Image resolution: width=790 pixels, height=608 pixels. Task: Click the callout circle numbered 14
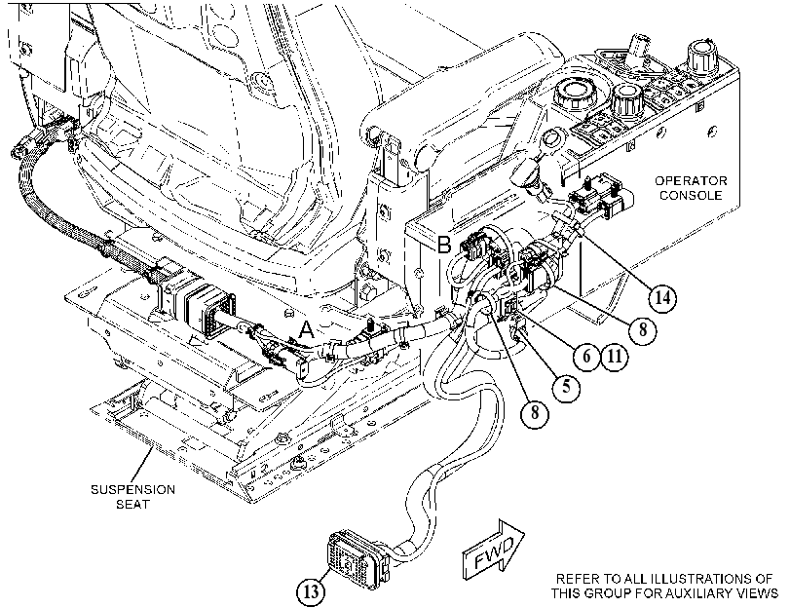(x=661, y=297)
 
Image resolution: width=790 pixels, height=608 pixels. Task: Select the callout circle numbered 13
(x=312, y=590)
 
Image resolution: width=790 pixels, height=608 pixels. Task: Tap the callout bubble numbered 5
(x=566, y=387)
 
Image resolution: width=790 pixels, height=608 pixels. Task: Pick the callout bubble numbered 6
(x=586, y=357)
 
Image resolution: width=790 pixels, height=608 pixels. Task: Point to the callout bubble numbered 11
(x=615, y=357)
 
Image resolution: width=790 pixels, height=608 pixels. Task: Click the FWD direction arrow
(x=494, y=550)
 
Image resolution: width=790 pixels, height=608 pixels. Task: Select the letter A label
(x=306, y=330)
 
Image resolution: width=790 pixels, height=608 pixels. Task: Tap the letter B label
(x=444, y=245)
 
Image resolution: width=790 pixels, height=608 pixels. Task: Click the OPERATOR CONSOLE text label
(x=691, y=188)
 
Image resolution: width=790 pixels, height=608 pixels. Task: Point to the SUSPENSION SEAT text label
(x=133, y=497)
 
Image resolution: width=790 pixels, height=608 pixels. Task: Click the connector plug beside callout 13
(x=357, y=557)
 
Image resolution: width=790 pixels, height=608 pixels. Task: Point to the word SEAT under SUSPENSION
(x=133, y=504)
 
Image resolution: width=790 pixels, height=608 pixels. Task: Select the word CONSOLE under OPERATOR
(x=691, y=195)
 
